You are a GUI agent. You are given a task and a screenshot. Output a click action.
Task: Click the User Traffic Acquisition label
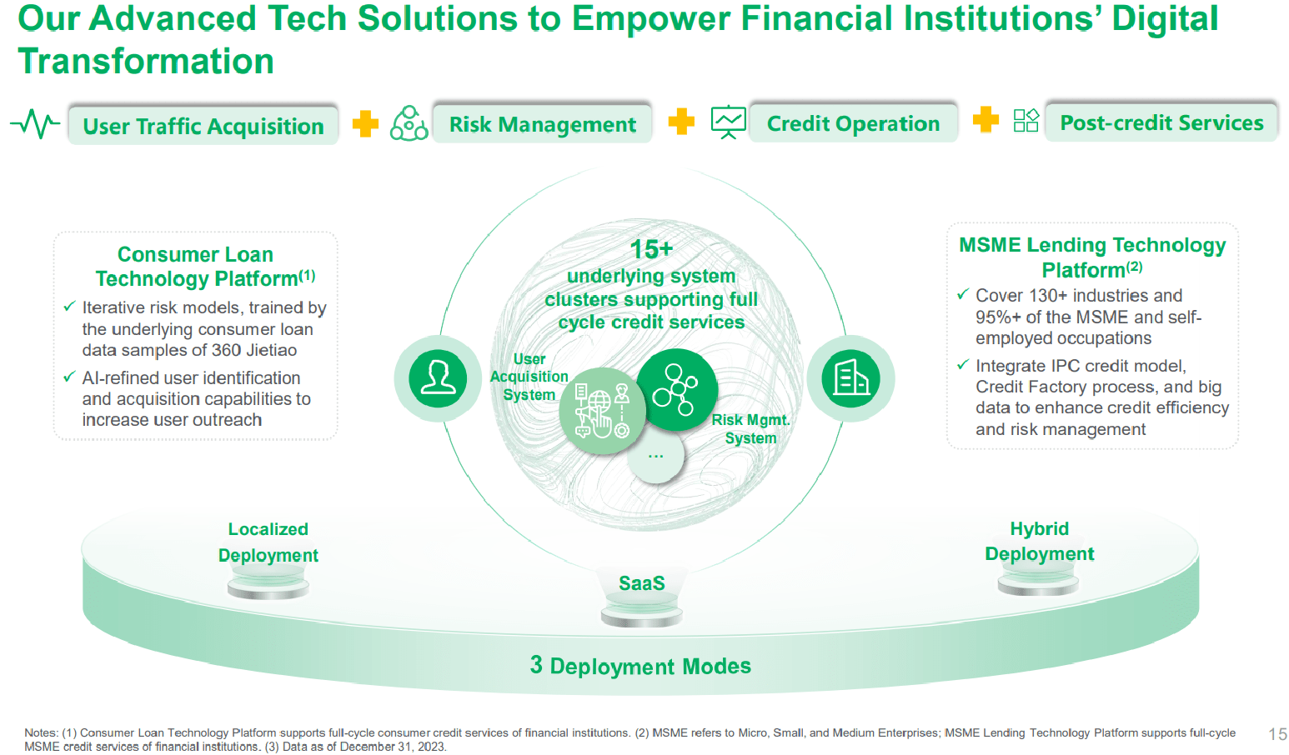point(203,125)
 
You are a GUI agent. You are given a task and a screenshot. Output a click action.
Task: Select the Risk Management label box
point(542,123)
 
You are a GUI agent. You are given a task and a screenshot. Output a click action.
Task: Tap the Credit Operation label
point(854,122)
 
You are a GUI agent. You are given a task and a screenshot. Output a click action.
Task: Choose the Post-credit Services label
point(1161,122)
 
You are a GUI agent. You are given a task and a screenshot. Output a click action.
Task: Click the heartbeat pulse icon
point(35,123)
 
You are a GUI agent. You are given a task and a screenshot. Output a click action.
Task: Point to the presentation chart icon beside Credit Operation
point(729,122)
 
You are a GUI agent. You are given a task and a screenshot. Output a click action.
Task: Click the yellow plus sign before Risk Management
point(365,123)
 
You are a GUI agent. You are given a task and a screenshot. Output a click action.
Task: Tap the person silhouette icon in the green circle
point(438,378)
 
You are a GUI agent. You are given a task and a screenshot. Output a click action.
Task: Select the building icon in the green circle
point(850,378)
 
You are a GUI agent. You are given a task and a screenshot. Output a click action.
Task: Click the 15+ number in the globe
point(651,249)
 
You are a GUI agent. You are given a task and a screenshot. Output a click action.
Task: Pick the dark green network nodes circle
point(677,389)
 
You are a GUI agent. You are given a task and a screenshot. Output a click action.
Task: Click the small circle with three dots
point(656,456)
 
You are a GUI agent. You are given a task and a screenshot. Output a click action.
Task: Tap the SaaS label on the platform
point(642,583)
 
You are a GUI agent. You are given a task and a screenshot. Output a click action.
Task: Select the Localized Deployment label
point(268,542)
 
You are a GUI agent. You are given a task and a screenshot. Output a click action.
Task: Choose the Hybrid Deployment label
point(1039,541)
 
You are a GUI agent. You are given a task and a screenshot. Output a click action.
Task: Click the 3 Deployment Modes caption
point(640,666)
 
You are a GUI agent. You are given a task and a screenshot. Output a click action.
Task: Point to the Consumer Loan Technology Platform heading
point(205,266)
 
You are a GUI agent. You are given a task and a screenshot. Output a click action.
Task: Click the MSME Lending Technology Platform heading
point(1092,257)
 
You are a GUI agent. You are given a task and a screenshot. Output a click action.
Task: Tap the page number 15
point(1277,733)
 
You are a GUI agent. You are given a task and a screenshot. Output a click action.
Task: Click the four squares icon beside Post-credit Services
point(1026,121)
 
